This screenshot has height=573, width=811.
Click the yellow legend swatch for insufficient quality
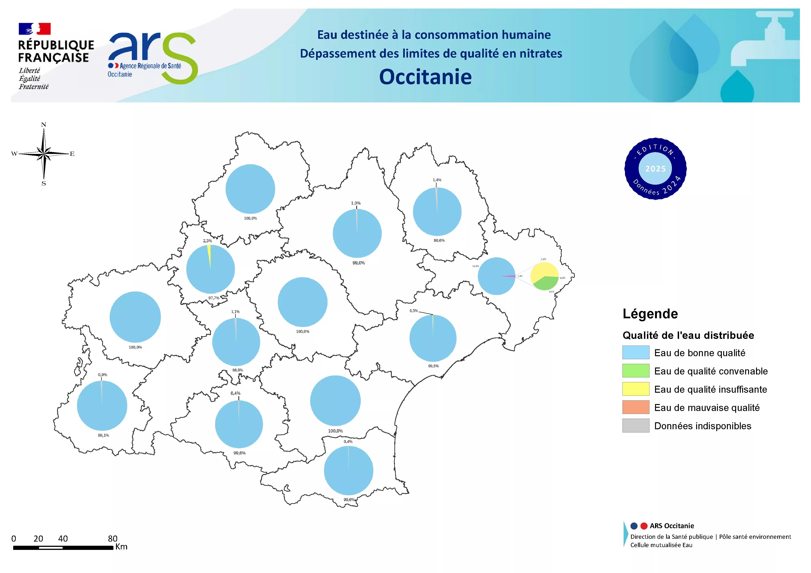click(x=635, y=389)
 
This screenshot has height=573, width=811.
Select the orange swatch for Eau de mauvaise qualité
click(x=635, y=407)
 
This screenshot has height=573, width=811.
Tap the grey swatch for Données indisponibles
click(x=635, y=426)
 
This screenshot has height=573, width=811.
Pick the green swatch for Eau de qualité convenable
click(x=635, y=371)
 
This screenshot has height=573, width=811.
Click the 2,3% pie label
click(x=207, y=241)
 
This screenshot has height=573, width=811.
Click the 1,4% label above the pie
click(x=437, y=180)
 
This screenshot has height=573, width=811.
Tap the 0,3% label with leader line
click(x=414, y=311)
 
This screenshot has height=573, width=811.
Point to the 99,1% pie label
click(x=104, y=435)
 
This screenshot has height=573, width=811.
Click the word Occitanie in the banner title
click(x=425, y=77)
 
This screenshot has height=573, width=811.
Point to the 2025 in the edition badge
click(x=655, y=169)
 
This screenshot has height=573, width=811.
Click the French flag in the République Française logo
click(x=35, y=29)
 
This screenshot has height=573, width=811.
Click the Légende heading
click(x=650, y=314)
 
